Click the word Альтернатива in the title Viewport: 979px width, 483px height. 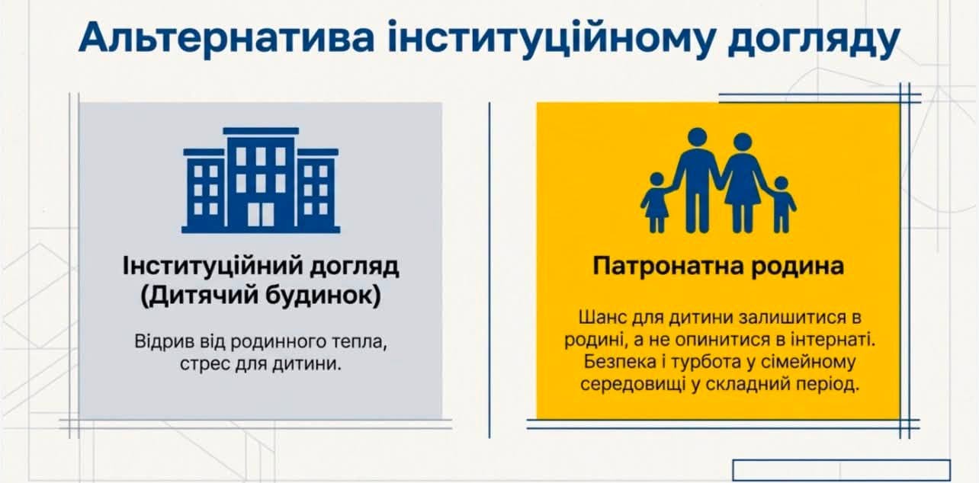click(x=226, y=38)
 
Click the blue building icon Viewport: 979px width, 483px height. click(x=261, y=181)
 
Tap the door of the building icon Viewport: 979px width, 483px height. click(x=261, y=214)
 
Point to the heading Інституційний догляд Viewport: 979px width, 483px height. click(x=261, y=267)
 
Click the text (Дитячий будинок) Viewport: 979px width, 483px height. click(x=261, y=296)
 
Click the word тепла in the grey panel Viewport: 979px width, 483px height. click(x=360, y=342)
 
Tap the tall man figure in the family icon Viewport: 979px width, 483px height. click(x=697, y=180)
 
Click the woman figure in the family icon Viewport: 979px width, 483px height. click(x=742, y=183)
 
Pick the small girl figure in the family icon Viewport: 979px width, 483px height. click(x=656, y=203)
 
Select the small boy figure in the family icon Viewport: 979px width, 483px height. click(x=782, y=204)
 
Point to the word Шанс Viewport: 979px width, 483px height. click(x=602, y=317)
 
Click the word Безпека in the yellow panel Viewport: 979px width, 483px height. click(x=620, y=362)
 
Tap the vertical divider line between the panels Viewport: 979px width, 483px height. click(x=489, y=270)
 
